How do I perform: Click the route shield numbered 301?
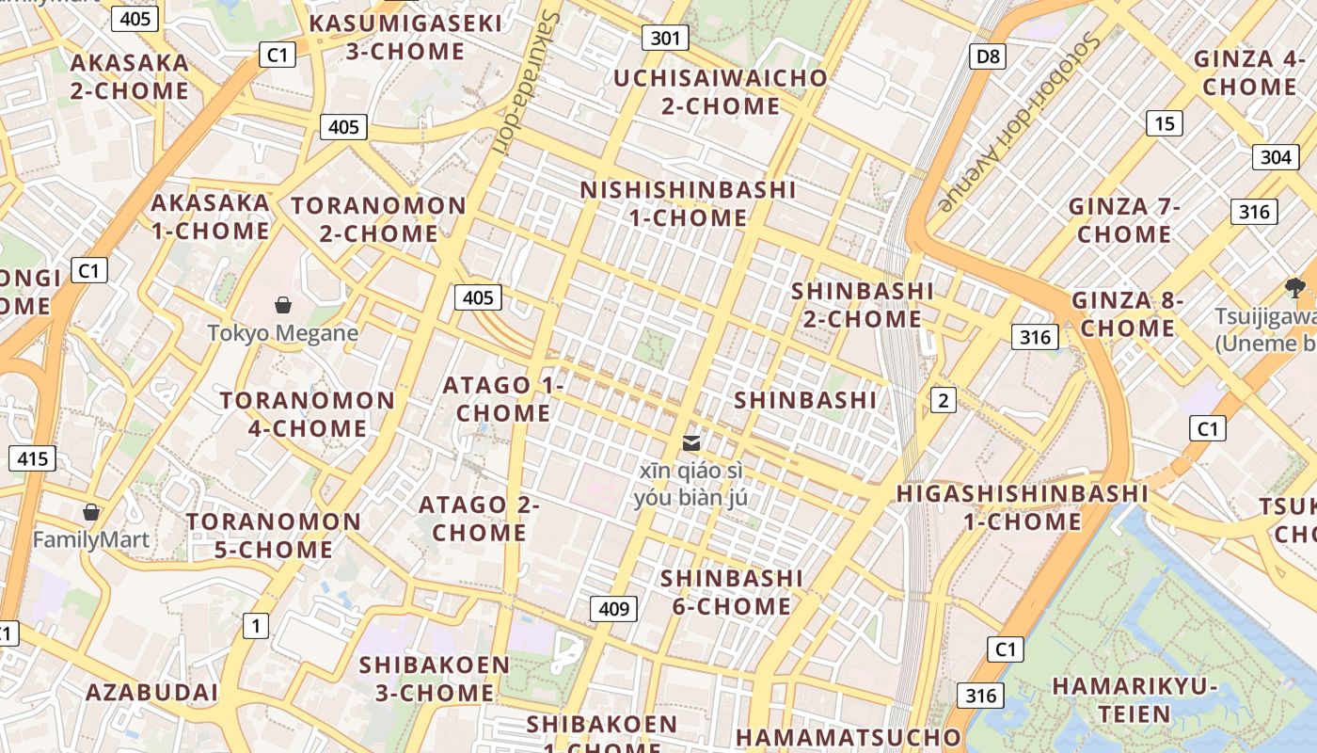pyautogui.click(x=665, y=38)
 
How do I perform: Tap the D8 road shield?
pyautogui.click(x=988, y=56)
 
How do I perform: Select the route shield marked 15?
pyautogui.click(x=1165, y=122)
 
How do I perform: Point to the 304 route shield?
pyautogui.click(x=1275, y=157)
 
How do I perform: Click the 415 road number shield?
pyautogui.click(x=32, y=458)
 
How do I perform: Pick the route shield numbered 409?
pyautogui.click(x=613, y=608)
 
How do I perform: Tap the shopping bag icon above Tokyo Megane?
pyautogui.click(x=282, y=305)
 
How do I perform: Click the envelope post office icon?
pyautogui.click(x=691, y=442)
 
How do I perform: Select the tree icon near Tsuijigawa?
pyautogui.click(x=1294, y=287)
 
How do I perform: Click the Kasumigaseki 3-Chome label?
pyautogui.click(x=405, y=37)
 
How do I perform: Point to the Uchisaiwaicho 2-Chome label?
pyautogui.click(x=721, y=91)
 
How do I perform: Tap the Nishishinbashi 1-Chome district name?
pyautogui.click(x=688, y=203)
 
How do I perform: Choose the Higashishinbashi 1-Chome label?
pyautogui.click(x=1022, y=506)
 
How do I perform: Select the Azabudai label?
pyautogui.click(x=151, y=693)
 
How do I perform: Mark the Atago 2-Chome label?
pyautogui.click(x=480, y=518)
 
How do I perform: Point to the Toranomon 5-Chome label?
pyautogui.click(x=274, y=535)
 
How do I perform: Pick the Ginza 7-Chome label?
pyautogui.click(x=1124, y=219)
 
